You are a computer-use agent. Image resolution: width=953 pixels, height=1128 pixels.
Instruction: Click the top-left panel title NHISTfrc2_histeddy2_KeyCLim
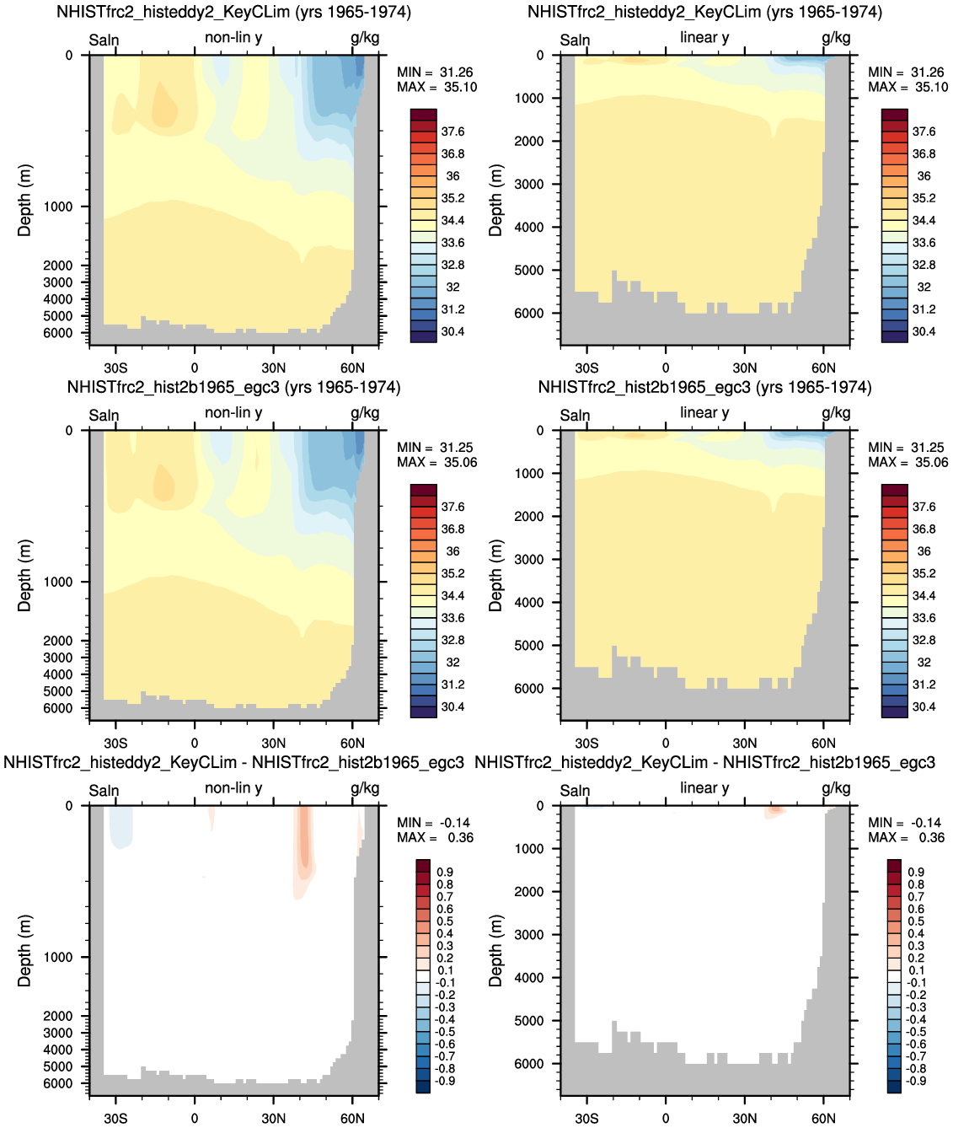pyautogui.click(x=173, y=12)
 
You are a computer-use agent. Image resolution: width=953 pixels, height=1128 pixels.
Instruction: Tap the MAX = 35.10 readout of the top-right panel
pyautogui.click(x=907, y=88)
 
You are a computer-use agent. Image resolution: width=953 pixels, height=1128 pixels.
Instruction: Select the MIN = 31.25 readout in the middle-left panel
pyautogui.click(x=435, y=448)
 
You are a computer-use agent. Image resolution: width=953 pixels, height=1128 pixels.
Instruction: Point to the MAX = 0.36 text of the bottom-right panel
pyautogui.click(x=906, y=838)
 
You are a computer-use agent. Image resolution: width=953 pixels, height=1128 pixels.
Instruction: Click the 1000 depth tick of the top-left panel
pyautogui.click(x=58, y=207)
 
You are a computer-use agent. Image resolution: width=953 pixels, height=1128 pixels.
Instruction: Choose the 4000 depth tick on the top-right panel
pyautogui.click(x=529, y=227)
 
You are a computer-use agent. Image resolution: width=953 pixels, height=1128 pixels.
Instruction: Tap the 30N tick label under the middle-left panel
pyautogui.click(x=273, y=743)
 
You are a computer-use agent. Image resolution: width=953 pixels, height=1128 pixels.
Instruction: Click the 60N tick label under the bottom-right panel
pyautogui.click(x=823, y=1118)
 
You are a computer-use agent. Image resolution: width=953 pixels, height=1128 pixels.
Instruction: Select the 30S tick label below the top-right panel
pyautogui.click(x=586, y=368)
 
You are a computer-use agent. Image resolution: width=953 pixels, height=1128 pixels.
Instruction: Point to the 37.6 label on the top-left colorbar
pyautogui.click(x=452, y=132)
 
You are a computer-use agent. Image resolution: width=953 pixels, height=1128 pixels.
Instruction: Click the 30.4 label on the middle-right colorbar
pyautogui.click(x=924, y=706)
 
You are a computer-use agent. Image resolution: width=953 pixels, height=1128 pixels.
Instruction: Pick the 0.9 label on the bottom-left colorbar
pyautogui.click(x=445, y=872)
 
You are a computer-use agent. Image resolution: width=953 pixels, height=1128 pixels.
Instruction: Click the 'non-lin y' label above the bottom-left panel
pyautogui.click(x=233, y=788)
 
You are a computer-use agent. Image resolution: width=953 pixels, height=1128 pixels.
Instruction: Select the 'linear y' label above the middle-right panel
pyautogui.click(x=704, y=412)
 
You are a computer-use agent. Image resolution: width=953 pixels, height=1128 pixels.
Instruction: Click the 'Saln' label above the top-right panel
pyautogui.click(x=575, y=40)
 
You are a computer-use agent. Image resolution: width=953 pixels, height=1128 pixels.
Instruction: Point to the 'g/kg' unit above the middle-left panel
pyautogui.click(x=364, y=414)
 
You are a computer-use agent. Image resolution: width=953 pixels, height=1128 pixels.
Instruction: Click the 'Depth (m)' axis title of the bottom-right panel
pyautogui.click(x=495, y=951)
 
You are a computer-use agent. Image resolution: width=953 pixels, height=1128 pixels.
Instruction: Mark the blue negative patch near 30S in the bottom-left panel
pyautogui.click(x=120, y=826)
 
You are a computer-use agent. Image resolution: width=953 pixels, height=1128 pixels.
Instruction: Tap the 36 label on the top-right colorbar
pyautogui.click(x=924, y=176)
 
